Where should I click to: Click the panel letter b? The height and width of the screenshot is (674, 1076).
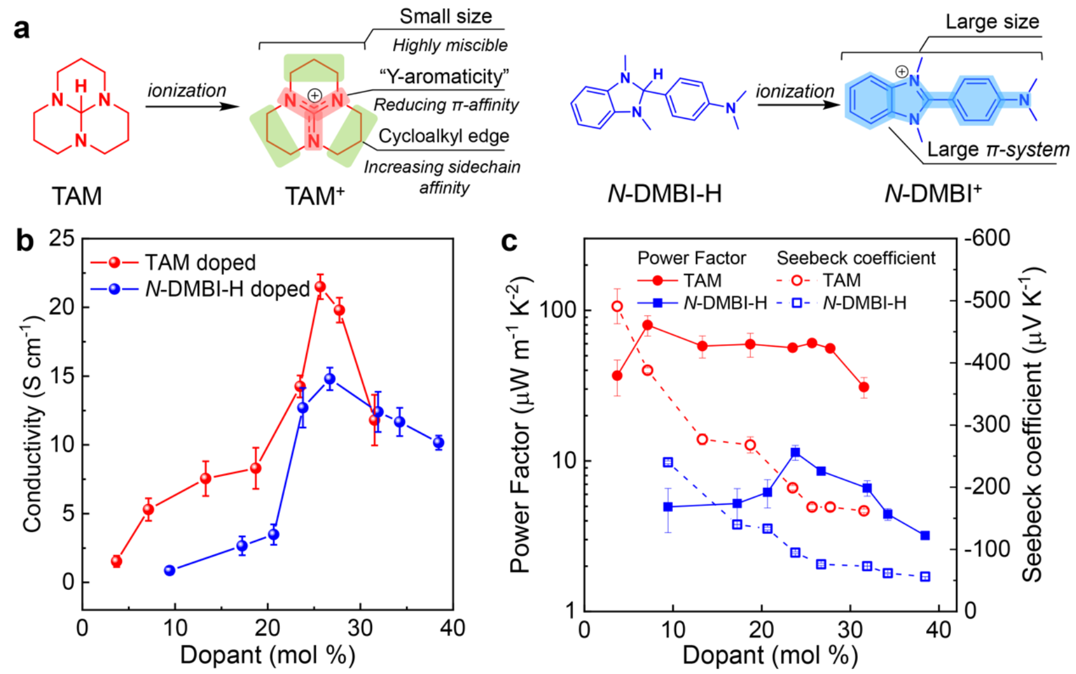(25, 240)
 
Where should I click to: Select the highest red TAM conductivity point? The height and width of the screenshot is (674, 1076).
(320, 287)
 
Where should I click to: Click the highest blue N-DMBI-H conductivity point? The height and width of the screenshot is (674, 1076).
(330, 379)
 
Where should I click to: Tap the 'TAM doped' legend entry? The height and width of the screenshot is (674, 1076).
(200, 263)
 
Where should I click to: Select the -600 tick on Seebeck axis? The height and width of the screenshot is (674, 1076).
(987, 238)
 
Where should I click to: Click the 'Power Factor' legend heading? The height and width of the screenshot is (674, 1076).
(691, 258)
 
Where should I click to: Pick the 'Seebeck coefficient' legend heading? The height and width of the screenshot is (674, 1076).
(856, 258)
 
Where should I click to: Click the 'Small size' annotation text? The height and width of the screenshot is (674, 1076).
(445, 17)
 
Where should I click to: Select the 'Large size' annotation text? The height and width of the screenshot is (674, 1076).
(992, 22)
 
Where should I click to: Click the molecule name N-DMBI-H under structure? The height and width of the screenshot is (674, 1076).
(664, 194)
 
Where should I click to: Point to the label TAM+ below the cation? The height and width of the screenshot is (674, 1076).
(314, 196)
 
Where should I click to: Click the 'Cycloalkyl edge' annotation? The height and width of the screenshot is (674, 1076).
(443, 136)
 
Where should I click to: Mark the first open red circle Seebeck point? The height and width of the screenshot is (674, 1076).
(617, 306)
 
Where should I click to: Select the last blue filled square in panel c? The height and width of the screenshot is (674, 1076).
(925, 535)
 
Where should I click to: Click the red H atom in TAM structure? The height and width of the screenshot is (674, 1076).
(81, 85)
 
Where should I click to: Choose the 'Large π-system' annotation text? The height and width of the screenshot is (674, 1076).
(998, 149)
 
